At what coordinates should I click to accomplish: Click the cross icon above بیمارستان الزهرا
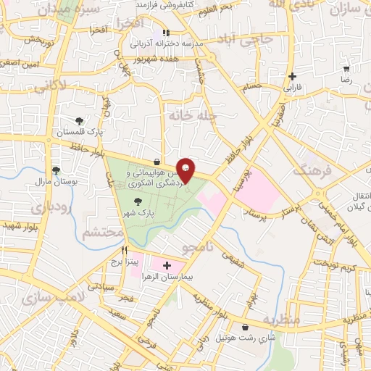pos(167,266)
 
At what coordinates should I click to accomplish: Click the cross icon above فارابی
pos(292,76)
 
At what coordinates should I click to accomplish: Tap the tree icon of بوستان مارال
pos(56,170)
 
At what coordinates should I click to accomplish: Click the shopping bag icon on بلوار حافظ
pos(157,162)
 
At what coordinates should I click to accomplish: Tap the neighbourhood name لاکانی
pos(50,86)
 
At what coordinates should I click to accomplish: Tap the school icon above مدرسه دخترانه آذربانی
pos(166,33)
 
